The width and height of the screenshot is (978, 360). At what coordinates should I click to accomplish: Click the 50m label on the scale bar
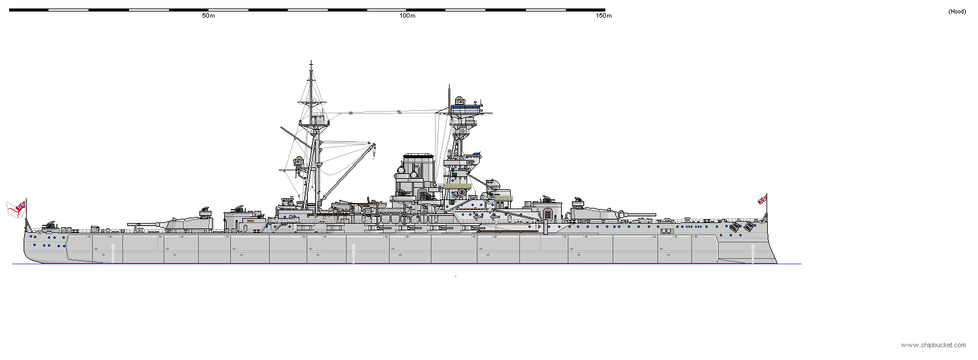pyautogui.click(x=208, y=16)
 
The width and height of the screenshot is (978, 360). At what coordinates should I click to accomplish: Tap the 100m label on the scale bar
pyautogui.click(x=407, y=16)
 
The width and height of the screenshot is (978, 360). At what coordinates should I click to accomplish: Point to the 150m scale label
pyautogui.click(x=604, y=16)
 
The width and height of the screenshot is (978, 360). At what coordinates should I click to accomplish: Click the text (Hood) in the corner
pyautogui.click(x=957, y=12)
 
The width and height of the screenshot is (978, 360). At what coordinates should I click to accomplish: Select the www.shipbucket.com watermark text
pyautogui.click(x=933, y=345)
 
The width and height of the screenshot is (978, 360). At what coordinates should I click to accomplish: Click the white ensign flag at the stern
pyautogui.click(x=16, y=208)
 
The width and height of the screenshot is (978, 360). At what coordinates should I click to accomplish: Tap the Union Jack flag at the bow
pyautogui.click(x=762, y=199)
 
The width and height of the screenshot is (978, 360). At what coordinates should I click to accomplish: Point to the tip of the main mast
pyautogui.click(x=311, y=62)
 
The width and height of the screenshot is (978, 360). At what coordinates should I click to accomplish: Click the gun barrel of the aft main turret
pyautogui.click(x=145, y=225)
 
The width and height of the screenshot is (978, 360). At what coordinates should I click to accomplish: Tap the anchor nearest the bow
pyautogui.click(x=750, y=227)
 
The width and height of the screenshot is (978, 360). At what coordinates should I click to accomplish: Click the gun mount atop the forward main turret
pyautogui.click(x=579, y=199)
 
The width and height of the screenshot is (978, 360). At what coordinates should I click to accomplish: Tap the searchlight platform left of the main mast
pyautogui.click(x=298, y=162)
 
